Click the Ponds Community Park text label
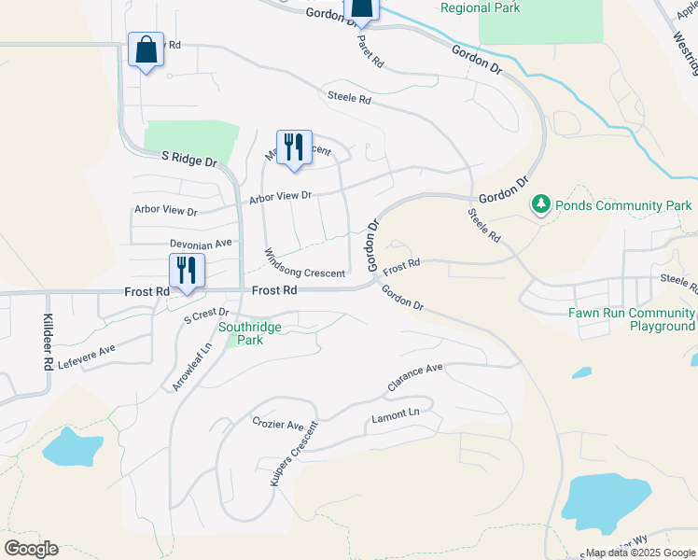click(623, 205)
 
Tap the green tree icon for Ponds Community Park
click(540, 203)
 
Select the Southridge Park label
click(242, 333)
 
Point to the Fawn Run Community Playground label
click(632, 319)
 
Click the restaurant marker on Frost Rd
click(187, 271)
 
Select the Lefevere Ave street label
click(86, 356)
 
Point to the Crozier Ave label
click(278, 424)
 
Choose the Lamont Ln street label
click(396, 413)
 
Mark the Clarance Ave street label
click(415, 377)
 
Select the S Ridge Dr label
click(189, 159)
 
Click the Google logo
click(31, 548)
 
